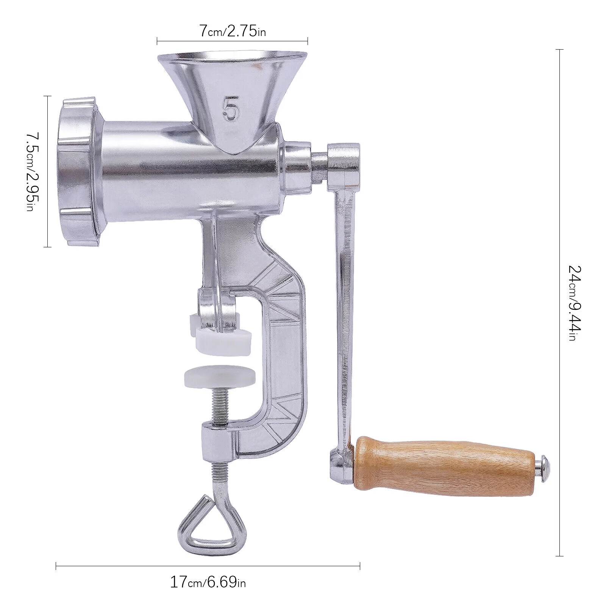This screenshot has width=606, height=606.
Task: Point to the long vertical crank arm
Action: (345, 303)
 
